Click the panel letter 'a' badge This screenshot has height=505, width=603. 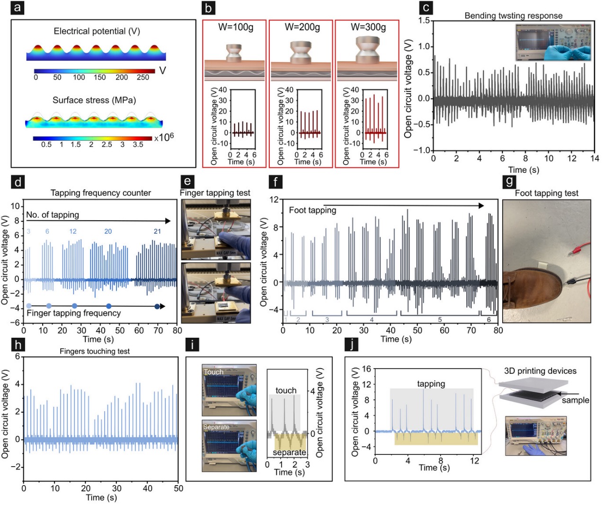coord(17,8)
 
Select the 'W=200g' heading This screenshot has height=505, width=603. coord(302,27)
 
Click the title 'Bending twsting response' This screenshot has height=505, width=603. coord(513,16)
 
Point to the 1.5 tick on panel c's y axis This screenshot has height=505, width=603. coord(424,20)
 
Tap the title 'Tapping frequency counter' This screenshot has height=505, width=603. coord(100,193)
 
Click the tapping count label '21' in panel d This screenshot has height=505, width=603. coord(157,231)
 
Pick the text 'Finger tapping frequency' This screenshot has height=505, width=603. coord(73,313)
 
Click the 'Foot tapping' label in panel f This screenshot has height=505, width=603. coord(312,210)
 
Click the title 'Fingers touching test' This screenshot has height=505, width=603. coord(95,351)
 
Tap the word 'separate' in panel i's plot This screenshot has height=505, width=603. coord(289,452)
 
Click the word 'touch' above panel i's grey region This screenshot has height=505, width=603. coord(286,390)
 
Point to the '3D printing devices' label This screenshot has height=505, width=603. coord(540,371)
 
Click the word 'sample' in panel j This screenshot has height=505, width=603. coord(575,400)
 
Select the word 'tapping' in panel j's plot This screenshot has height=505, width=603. coord(431,384)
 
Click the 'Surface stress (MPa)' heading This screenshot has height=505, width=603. coord(94,100)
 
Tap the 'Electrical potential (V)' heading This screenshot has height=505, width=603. coord(97,31)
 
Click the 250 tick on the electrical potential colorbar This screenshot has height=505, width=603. coord(142,77)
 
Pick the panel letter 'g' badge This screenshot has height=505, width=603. coord(509,181)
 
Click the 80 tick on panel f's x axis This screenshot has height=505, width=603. coord(498,330)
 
